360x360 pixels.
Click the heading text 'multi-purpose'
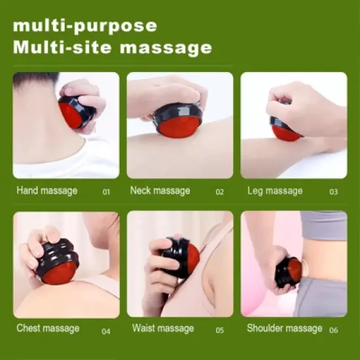pyautogui.click(x=85, y=26)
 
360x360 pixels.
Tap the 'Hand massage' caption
pyautogui.click(x=46, y=191)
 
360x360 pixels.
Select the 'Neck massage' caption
pyautogui.click(x=160, y=191)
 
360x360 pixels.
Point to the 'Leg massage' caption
pyautogui.click(x=275, y=191)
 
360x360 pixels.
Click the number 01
pyautogui.click(x=106, y=192)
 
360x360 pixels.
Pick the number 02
pyautogui.click(x=219, y=192)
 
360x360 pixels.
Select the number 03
pyautogui.click(x=333, y=192)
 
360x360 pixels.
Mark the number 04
pyautogui.click(x=106, y=331)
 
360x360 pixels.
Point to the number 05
pyautogui.click(x=219, y=331)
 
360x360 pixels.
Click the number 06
pyautogui.click(x=333, y=331)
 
